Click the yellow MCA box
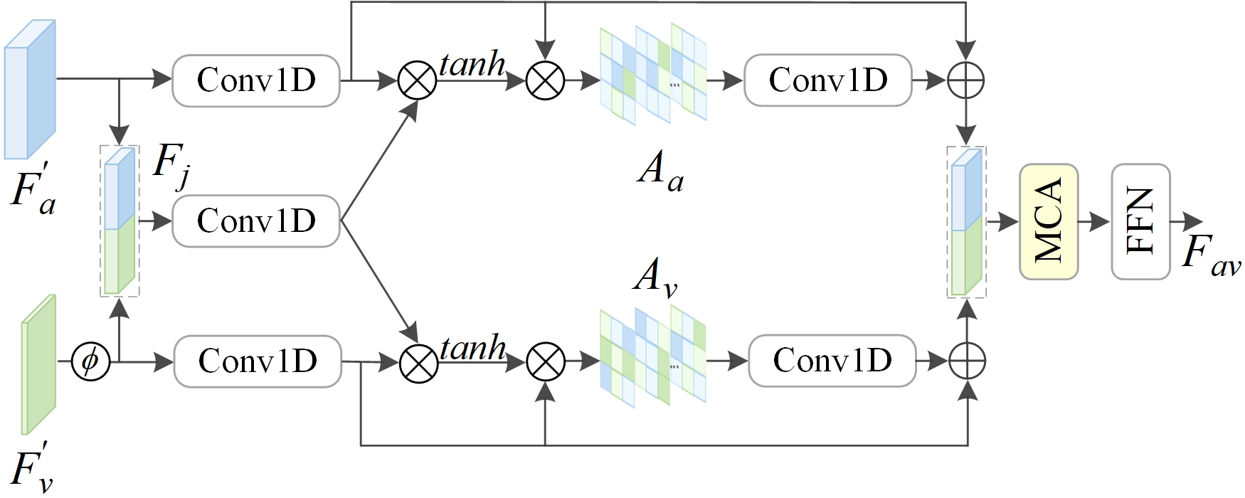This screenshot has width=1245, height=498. point(1048,222)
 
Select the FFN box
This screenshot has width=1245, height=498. point(1140,222)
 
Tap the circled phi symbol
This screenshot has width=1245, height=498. point(90,361)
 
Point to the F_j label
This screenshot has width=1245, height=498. point(171,168)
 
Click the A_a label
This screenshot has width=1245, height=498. point(660,173)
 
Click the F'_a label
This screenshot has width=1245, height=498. point(33,189)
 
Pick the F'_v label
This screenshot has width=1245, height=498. point(33,466)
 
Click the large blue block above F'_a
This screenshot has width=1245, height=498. point(30,89)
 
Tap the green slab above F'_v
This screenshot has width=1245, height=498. point(38,364)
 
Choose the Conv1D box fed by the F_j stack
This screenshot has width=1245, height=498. point(256,221)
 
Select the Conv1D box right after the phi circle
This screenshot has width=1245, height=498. point(258,361)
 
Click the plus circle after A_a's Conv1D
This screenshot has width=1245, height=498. point(965,80)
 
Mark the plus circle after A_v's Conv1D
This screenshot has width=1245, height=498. point(967,361)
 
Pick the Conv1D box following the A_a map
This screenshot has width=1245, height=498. point(827,80)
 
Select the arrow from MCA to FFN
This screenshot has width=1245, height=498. point(1094,222)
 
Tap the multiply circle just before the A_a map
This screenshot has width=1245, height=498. point(545,80)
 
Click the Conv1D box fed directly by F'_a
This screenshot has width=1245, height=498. point(256,80)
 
